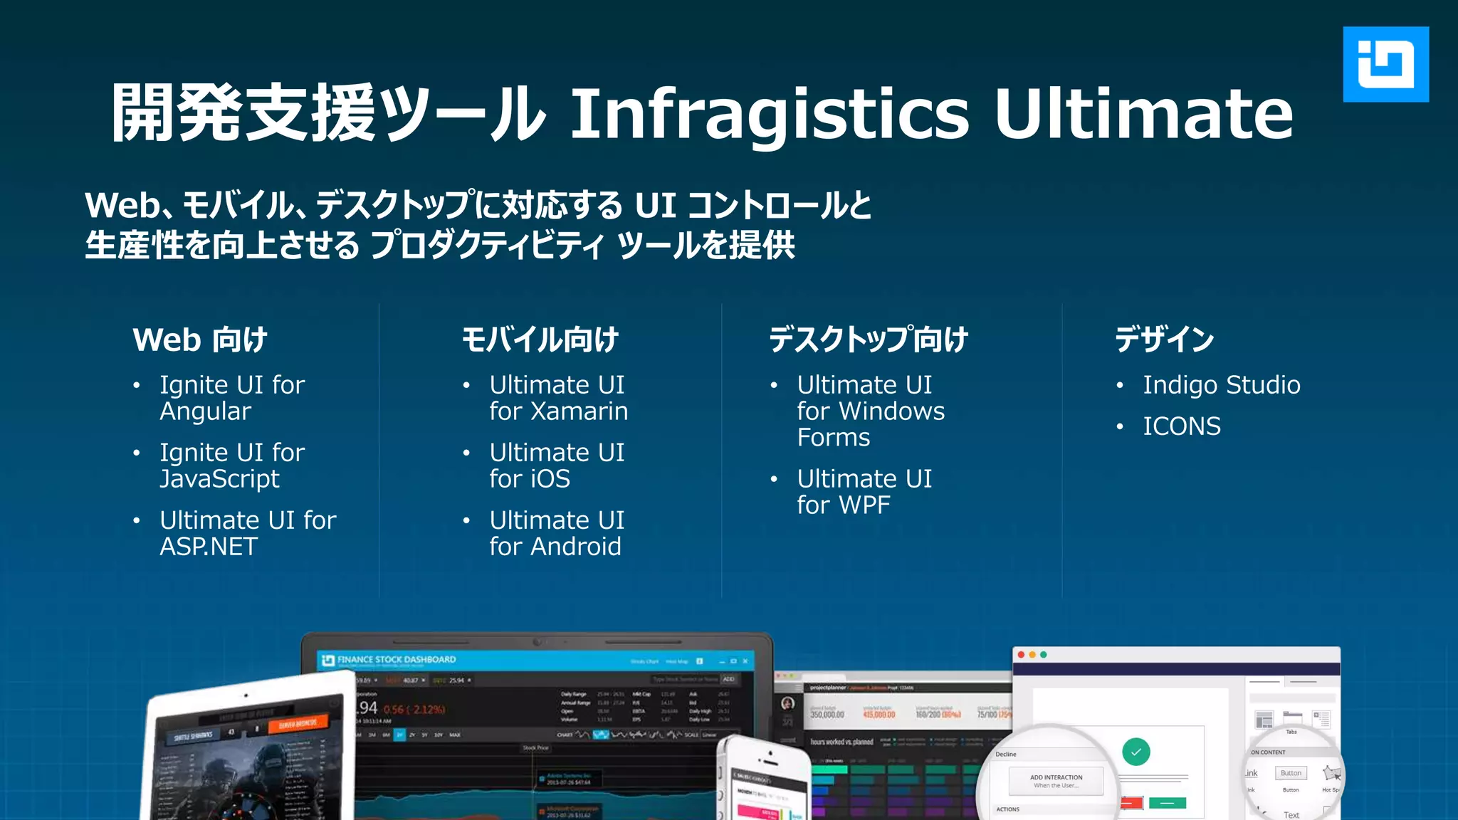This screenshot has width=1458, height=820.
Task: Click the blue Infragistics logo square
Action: (1385, 64)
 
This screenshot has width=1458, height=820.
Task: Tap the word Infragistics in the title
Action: (769, 114)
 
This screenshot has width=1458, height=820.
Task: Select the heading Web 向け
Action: (200, 340)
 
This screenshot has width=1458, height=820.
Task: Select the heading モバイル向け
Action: (540, 340)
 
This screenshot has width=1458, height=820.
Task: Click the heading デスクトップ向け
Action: (869, 340)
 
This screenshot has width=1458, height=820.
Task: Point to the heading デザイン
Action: (1165, 340)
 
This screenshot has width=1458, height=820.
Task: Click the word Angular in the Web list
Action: (205, 411)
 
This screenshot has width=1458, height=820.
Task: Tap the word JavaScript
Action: (219, 479)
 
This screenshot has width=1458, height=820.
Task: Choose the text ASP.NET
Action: (209, 547)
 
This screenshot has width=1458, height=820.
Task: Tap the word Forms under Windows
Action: (834, 438)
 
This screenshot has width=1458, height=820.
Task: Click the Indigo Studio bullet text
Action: (1222, 385)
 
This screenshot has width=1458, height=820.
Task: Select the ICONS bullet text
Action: (1182, 426)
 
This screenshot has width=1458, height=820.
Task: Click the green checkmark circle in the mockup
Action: (1136, 752)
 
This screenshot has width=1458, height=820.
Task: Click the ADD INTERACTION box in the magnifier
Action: (1056, 781)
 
